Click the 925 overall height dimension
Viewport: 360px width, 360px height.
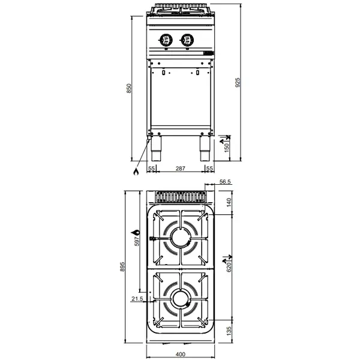pos(238,82)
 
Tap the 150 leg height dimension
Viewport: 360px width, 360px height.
pos(227,147)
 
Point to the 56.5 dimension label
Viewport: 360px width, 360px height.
pos(226,182)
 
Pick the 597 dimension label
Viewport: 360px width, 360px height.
pos(137,240)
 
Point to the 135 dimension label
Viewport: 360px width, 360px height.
pos(229,331)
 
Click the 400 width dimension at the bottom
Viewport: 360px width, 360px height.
pos(179,355)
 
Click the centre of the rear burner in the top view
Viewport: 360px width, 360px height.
pos(180,238)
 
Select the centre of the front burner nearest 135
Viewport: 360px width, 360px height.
pos(180,297)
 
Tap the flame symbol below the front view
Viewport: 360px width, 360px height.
pos(136,172)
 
